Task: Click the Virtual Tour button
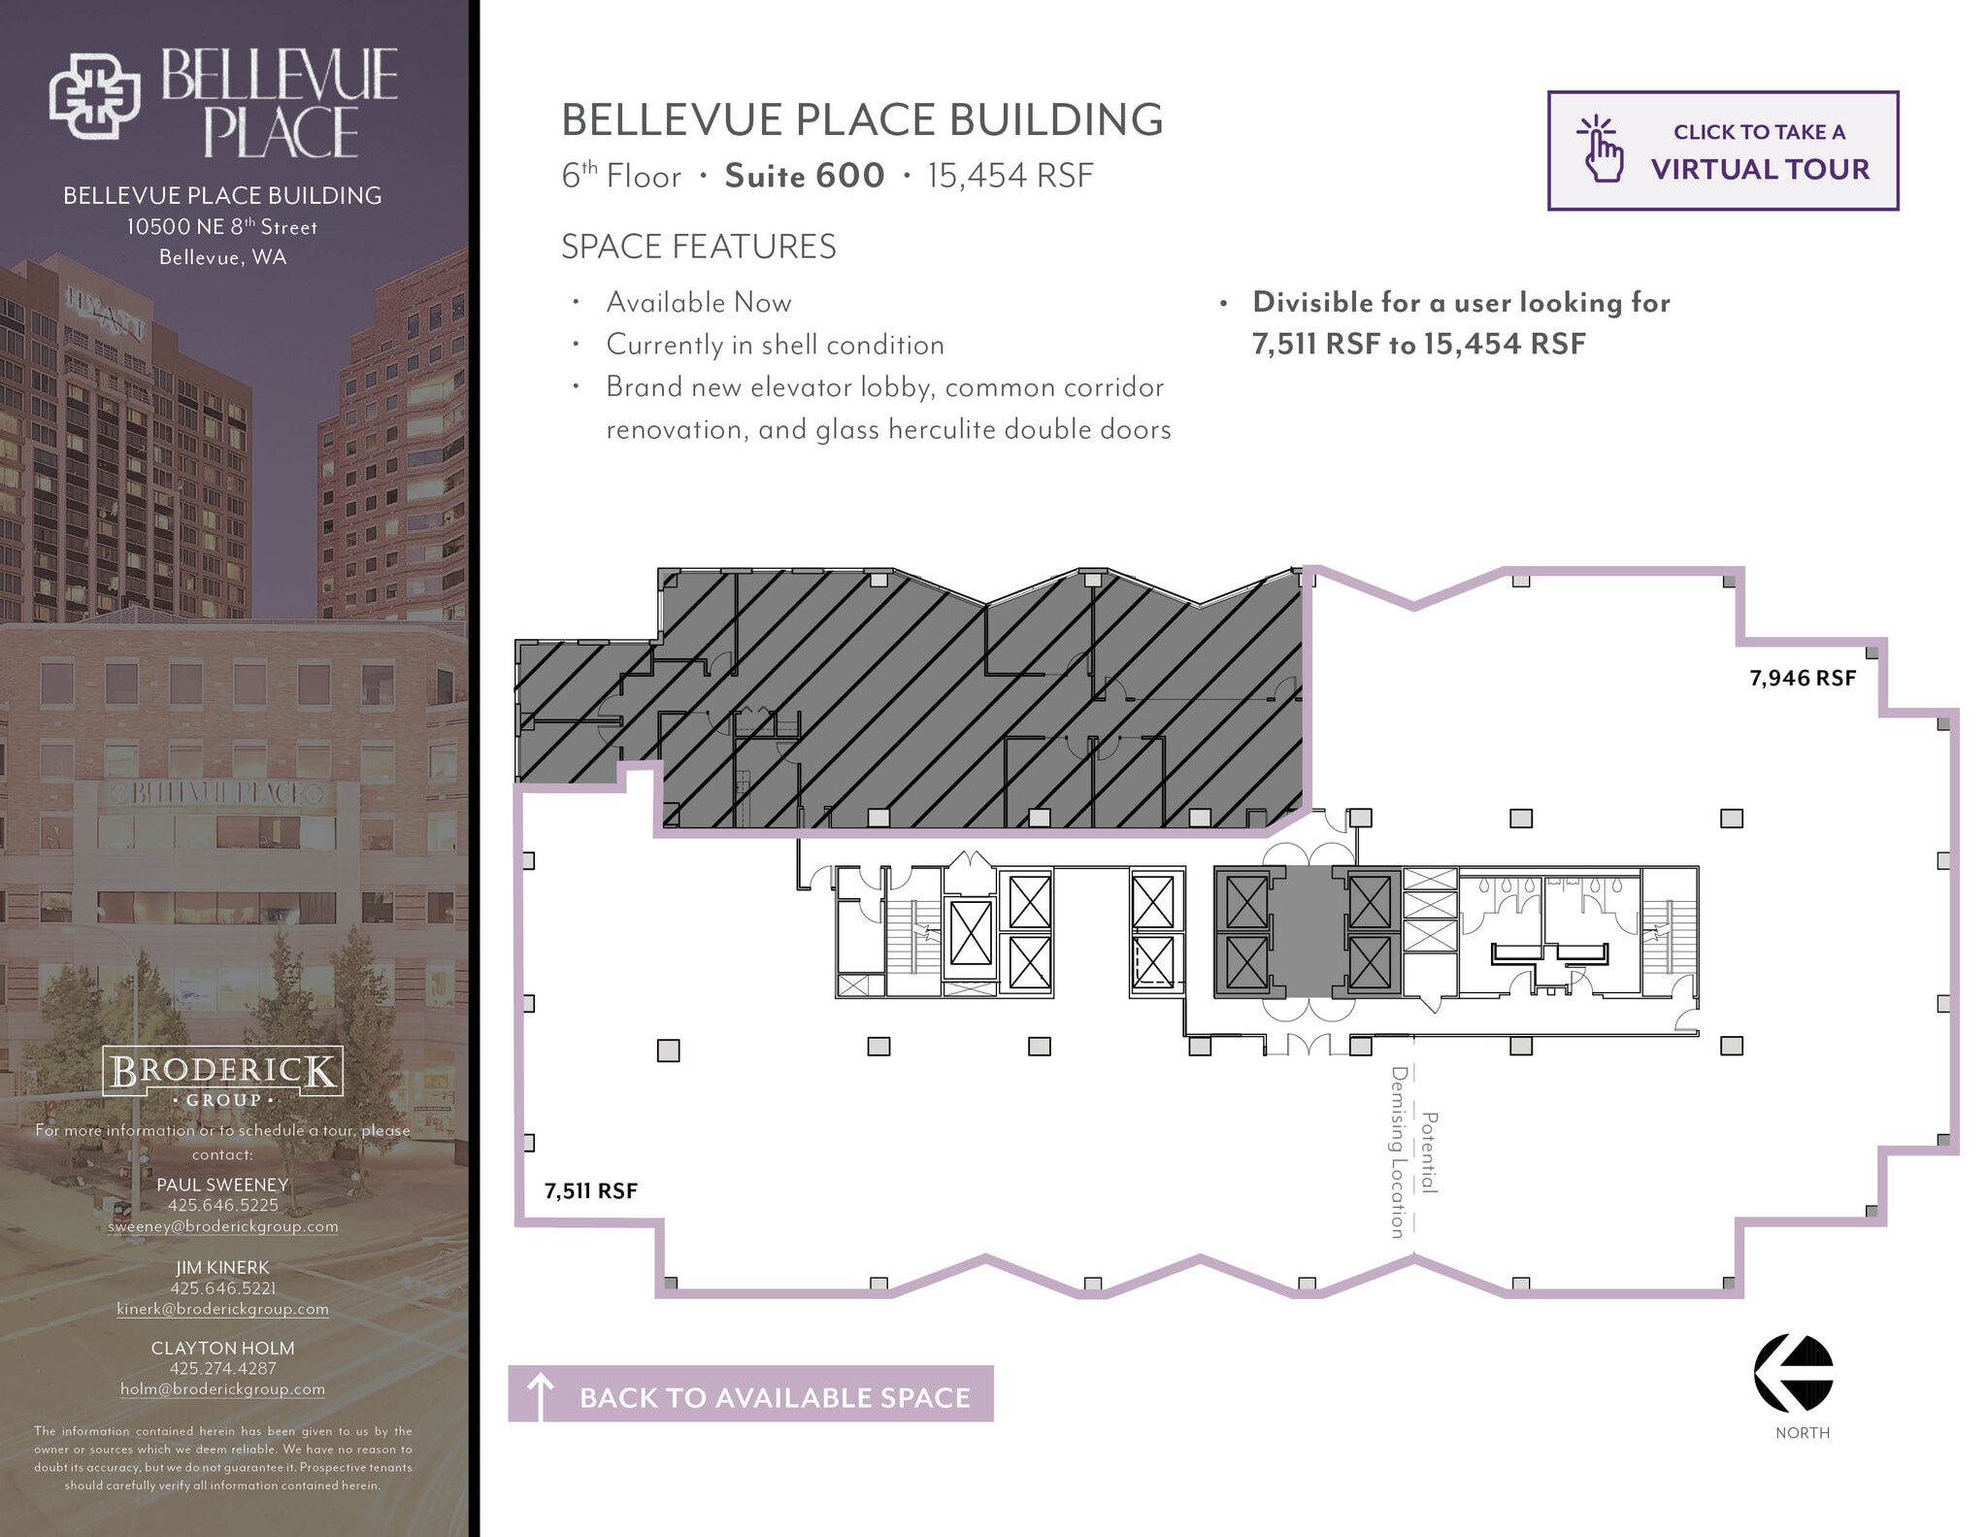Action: (1722, 150)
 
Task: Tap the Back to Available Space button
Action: (750, 1394)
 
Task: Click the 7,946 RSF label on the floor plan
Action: (1802, 678)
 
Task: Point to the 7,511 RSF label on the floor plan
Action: (590, 1190)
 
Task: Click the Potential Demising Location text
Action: (1412, 1152)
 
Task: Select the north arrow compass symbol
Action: (1793, 1373)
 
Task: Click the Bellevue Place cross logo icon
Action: (95, 96)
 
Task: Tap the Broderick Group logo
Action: (222, 1076)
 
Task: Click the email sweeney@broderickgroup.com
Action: (222, 1226)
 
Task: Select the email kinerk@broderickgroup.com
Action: (222, 1309)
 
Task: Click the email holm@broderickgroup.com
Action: (222, 1389)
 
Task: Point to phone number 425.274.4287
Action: (222, 1368)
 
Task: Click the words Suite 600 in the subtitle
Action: (804, 176)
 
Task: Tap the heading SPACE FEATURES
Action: (698, 247)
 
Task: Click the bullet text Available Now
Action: (698, 303)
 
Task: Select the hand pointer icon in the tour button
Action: (1601, 150)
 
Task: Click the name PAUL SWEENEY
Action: (222, 1185)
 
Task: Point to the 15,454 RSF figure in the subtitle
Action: (1010, 176)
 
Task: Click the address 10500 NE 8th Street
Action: (222, 227)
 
